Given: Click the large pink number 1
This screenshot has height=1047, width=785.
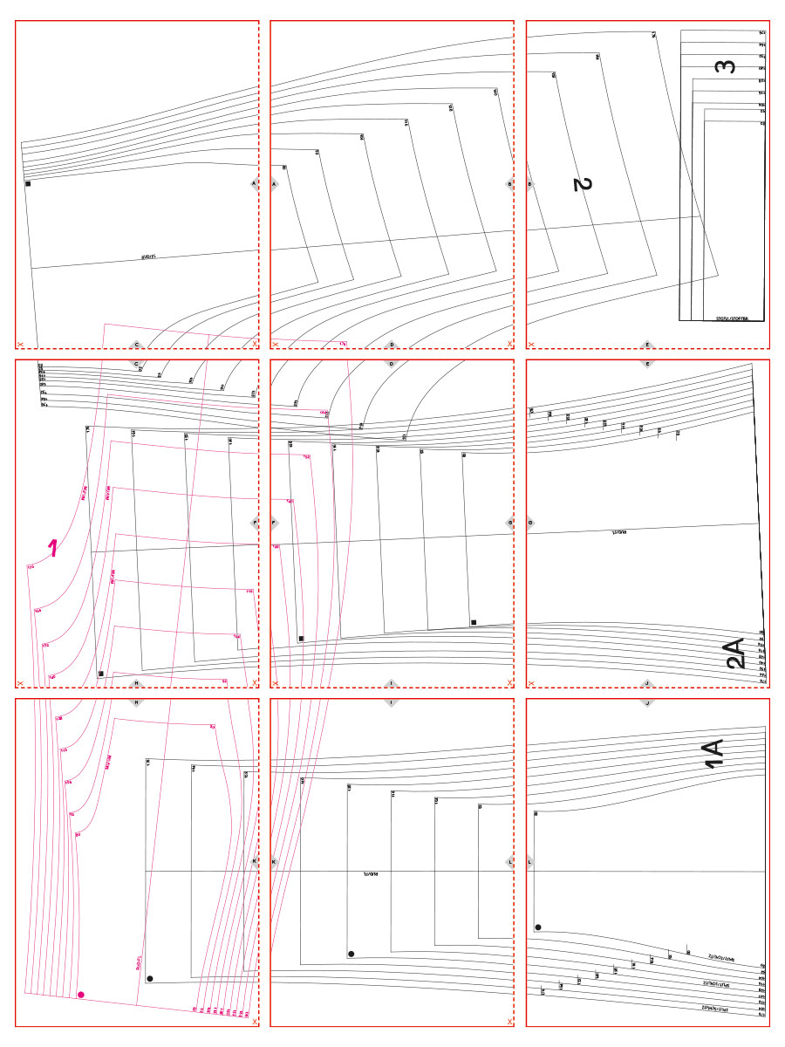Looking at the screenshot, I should pos(53,548).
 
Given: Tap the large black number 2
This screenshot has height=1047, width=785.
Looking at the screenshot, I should pos(583,184).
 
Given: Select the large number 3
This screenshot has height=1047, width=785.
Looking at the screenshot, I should pos(726,66).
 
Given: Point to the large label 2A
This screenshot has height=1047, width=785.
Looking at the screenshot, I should pos(735,653).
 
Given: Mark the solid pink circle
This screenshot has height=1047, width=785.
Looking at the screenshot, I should pos(81,994).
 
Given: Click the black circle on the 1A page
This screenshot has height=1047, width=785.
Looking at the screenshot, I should pos(538,927).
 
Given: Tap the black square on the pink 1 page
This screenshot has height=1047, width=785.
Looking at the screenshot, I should pos(101,674).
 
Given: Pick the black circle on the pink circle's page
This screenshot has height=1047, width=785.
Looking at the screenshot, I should pos(150,979).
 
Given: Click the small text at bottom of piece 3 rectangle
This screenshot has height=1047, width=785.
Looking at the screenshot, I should pos(734,319).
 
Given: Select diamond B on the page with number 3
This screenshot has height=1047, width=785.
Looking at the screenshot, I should pos(530,184).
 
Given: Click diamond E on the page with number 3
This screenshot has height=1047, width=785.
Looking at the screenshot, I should pos(647,345).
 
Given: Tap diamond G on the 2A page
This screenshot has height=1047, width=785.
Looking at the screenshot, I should pos(530,523).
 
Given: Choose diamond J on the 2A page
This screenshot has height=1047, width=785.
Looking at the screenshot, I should pos(647,683).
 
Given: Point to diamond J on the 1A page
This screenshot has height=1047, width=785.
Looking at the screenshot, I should pos(647,703).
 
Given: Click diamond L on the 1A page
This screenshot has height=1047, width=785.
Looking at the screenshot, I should pos(530,862).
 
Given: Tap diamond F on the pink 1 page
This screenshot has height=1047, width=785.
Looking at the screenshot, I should pos(255,523).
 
